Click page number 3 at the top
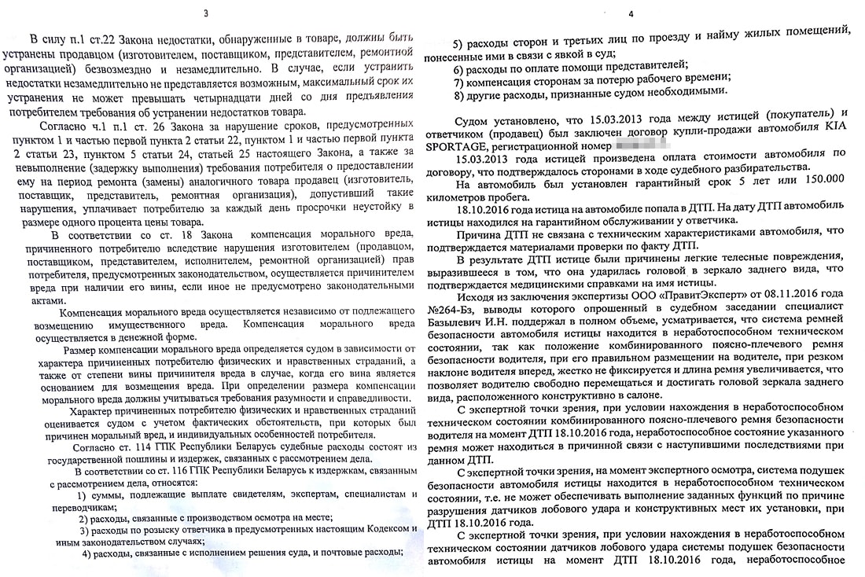[x=206, y=13]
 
